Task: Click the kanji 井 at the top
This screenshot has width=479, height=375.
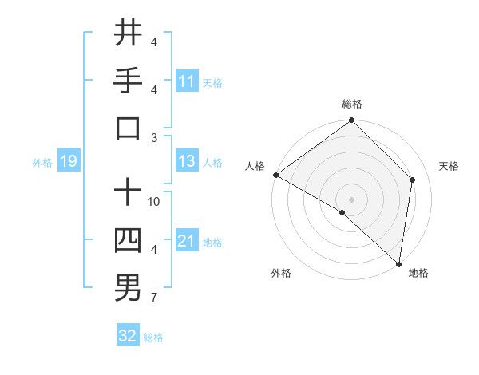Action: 128,33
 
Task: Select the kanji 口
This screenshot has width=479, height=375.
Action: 128,128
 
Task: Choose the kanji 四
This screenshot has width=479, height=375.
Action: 128,240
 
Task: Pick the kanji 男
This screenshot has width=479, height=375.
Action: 128,288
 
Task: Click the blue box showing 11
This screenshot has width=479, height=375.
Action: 187,81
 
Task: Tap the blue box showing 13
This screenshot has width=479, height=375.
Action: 187,162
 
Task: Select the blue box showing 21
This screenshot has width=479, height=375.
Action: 187,242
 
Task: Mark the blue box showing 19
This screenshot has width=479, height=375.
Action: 68,162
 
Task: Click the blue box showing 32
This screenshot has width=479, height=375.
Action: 128,337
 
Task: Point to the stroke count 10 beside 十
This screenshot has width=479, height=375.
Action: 154,201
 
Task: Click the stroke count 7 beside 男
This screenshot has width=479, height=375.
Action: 154,298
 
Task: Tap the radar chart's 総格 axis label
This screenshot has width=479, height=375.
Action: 352,104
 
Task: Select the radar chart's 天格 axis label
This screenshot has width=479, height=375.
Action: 449,166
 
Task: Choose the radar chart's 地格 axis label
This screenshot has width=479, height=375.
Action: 418,273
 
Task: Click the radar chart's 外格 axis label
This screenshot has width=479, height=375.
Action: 281,273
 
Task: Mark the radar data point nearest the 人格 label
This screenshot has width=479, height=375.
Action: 275,175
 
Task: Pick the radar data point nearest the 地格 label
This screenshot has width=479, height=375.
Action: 398,263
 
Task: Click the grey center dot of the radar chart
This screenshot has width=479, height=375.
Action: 351,199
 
